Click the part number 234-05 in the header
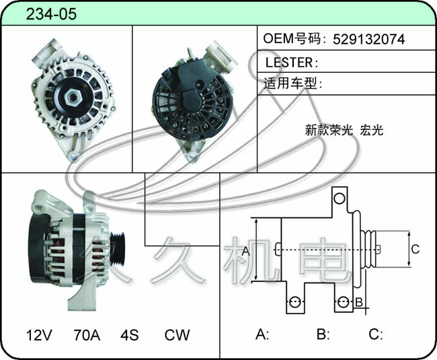pyautogui.click(x=51, y=14)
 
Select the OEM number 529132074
pyautogui.click(x=368, y=39)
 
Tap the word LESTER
pyautogui.click(x=289, y=63)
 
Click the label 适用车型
pyautogui.click(x=290, y=83)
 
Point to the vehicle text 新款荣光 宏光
pyautogui.click(x=344, y=130)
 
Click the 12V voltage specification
pyautogui.click(x=39, y=335)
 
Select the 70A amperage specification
pyautogui.click(x=87, y=335)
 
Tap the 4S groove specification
pyautogui.click(x=129, y=335)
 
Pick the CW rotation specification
pyautogui.click(x=177, y=335)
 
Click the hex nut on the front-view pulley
pyautogui.click(x=73, y=98)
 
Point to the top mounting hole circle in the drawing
pyautogui.click(x=340, y=199)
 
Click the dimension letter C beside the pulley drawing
pyautogui.click(x=415, y=249)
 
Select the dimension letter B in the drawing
pyautogui.click(x=359, y=302)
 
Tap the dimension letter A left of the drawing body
pyautogui.click(x=246, y=251)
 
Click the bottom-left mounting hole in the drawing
pyautogui.click(x=295, y=301)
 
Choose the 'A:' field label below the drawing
pyautogui.click(x=262, y=334)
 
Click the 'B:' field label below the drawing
pyautogui.click(x=323, y=334)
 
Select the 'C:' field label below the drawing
pyautogui.click(x=376, y=334)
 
